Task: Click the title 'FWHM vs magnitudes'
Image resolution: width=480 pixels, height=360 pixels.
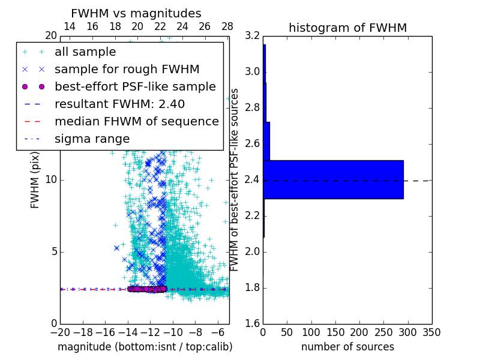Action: [x=136, y=13]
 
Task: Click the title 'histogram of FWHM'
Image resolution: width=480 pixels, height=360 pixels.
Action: [x=347, y=28]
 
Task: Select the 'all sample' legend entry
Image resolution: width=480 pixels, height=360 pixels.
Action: [x=85, y=52]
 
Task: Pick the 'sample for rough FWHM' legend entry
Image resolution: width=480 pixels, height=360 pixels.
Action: [x=127, y=70]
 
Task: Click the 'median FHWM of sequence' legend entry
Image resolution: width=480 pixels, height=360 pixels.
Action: [x=136, y=121]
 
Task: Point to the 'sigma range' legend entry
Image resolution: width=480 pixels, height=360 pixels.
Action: [x=92, y=139]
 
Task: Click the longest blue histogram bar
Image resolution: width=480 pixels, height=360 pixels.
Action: [x=333, y=179]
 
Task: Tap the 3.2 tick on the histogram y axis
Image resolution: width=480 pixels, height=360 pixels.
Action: [x=253, y=36]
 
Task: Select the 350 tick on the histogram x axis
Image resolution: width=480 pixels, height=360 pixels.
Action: [x=431, y=332]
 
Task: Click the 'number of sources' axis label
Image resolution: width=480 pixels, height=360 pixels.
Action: [x=347, y=347]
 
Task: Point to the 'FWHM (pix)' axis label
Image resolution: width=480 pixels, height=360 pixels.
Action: [x=35, y=180]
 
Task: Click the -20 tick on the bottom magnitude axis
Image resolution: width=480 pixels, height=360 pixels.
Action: [x=60, y=332]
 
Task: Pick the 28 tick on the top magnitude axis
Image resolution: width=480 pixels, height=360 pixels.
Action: [x=227, y=26]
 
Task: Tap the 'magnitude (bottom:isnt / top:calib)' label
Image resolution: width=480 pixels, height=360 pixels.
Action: [x=145, y=347]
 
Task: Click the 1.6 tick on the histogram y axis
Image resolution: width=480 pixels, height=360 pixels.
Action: [x=253, y=323]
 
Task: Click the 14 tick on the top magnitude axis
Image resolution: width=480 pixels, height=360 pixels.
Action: [x=70, y=26]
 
